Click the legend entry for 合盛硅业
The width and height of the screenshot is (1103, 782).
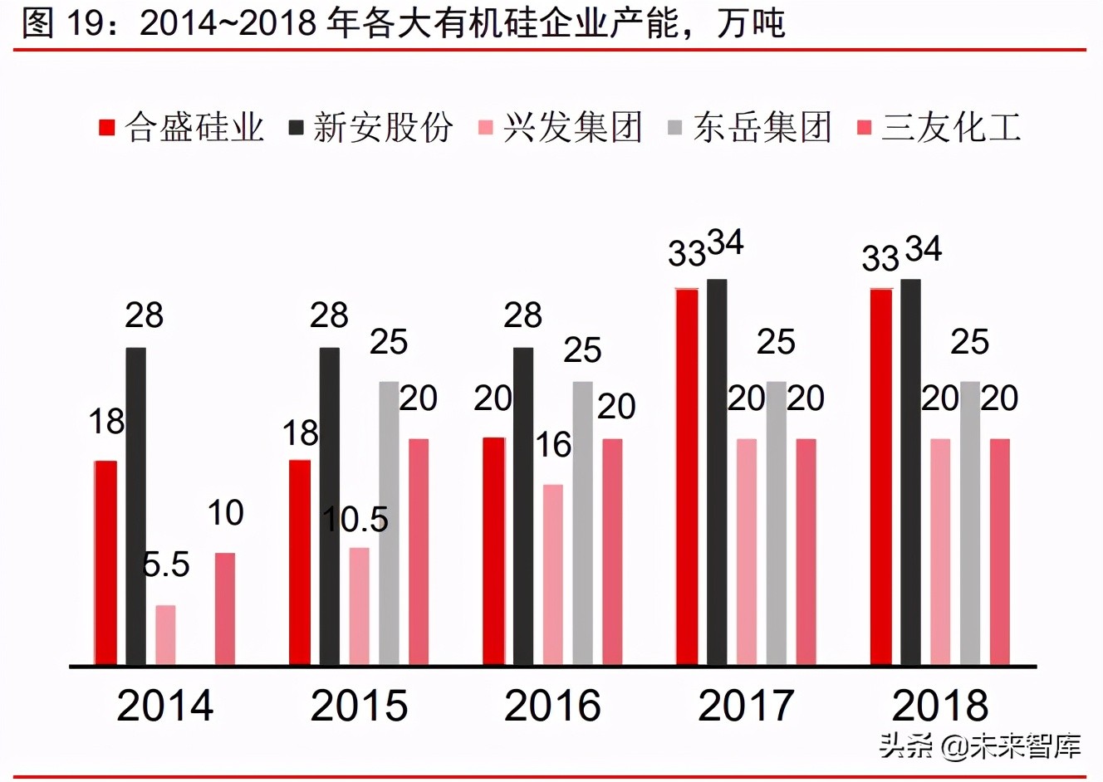(x=182, y=128)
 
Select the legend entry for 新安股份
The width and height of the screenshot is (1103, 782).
(x=371, y=128)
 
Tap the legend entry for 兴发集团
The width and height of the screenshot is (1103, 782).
(x=561, y=128)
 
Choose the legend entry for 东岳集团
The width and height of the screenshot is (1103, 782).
(x=751, y=128)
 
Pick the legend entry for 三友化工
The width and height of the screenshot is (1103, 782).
(x=939, y=128)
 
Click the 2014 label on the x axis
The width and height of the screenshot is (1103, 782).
(x=165, y=706)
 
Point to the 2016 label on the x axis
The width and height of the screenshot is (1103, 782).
(x=552, y=706)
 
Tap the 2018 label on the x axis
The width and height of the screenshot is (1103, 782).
(x=940, y=706)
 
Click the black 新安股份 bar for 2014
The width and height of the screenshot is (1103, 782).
(x=136, y=506)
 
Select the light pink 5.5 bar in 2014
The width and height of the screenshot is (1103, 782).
(x=166, y=635)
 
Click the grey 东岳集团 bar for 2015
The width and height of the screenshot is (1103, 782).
(x=389, y=523)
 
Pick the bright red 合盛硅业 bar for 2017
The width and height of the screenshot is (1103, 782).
(x=687, y=477)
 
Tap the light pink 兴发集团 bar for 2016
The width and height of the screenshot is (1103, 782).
(x=553, y=574)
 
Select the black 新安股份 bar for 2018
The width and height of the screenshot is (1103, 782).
(x=911, y=472)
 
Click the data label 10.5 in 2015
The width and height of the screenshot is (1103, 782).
(x=355, y=520)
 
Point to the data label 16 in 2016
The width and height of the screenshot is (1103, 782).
(x=553, y=446)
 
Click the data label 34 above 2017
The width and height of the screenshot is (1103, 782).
(x=726, y=243)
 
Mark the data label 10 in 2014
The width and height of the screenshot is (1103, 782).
(x=225, y=513)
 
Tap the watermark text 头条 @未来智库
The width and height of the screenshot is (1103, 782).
(x=980, y=745)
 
